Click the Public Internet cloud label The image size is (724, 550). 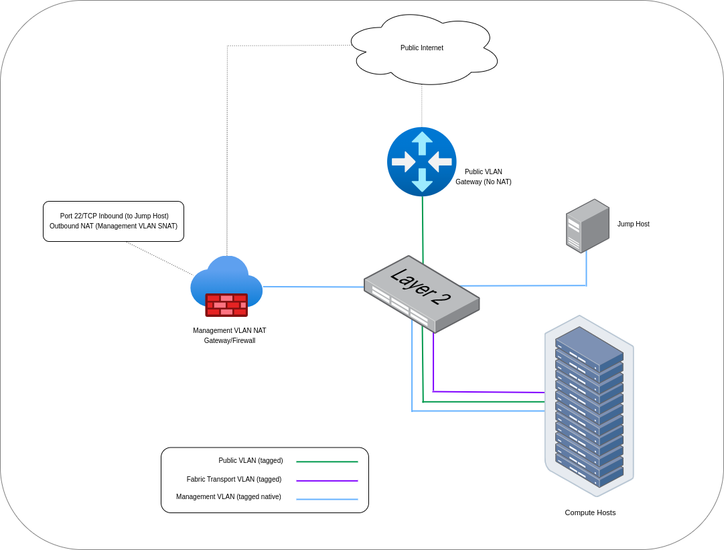point(422,48)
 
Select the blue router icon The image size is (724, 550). point(422,161)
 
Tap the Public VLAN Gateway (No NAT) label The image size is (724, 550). point(483,177)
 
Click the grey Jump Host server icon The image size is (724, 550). point(587,226)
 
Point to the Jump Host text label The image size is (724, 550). point(633,224)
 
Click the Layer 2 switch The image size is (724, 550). point(421,293)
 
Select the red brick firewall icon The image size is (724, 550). point(226,305)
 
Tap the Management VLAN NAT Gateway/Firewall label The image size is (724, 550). point(230,336)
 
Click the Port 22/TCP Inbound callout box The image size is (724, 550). point(113,221)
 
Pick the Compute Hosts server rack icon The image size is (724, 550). point(589,406)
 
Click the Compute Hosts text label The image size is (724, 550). point(590,512)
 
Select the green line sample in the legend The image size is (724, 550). point(327,462)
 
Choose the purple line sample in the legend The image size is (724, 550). point(327,481)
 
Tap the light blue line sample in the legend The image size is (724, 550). point(327,499)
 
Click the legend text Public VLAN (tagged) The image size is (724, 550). point(250,461)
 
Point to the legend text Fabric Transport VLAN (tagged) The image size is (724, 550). point(234,480)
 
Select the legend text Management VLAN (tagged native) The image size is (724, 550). point(228,497)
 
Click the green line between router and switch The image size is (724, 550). point(423,228)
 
